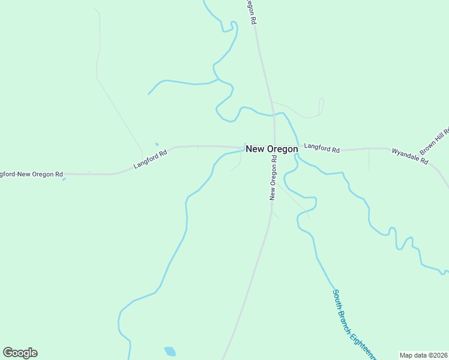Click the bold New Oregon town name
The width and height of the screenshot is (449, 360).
click(271, 149)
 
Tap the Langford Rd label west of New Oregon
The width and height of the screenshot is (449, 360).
click(150, 159)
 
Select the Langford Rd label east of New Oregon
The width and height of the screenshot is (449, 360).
click(322, 148)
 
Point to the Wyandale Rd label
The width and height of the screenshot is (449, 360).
click(409, 156)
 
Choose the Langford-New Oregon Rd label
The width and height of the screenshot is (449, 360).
click(31, 174)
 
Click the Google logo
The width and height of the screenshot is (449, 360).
click(20, 353)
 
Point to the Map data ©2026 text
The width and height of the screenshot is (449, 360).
click(423, 355)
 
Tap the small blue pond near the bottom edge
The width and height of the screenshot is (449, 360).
click(170, 350)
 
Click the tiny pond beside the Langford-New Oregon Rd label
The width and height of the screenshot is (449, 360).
click(64, 179)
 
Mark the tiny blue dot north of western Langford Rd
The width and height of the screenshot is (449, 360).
click(157, 144)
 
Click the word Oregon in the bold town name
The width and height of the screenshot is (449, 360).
click(282, 149)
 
